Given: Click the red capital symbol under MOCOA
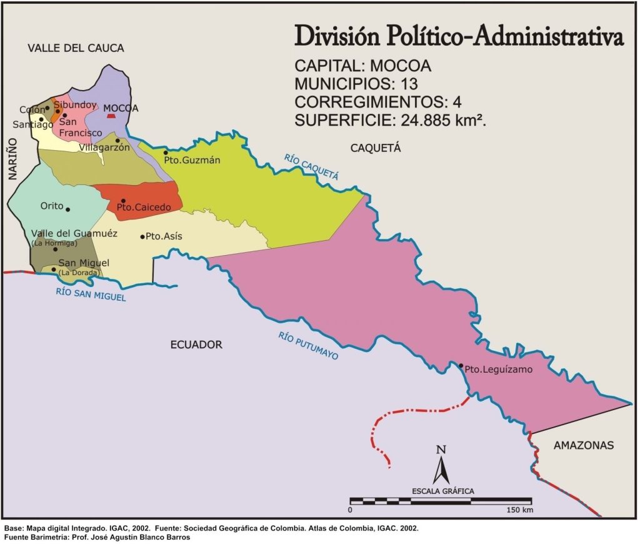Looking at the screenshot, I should (x=111, y=116).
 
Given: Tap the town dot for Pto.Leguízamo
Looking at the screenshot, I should (x=461, y=366).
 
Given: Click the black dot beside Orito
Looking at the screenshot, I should (x=68, y=209).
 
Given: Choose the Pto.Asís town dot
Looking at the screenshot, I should (x=142, y=236).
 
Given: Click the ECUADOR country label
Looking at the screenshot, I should (x=196, y=345).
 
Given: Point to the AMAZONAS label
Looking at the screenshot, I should (x=584, y=445).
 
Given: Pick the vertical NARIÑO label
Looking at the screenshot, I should (x=13, y=160).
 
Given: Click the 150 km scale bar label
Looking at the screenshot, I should (x=520, y=510).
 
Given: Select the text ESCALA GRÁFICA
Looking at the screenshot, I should (x=442, y=491).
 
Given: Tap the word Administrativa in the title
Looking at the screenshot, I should (x=549, y=37).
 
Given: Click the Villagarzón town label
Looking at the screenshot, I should (x=104, y=148).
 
